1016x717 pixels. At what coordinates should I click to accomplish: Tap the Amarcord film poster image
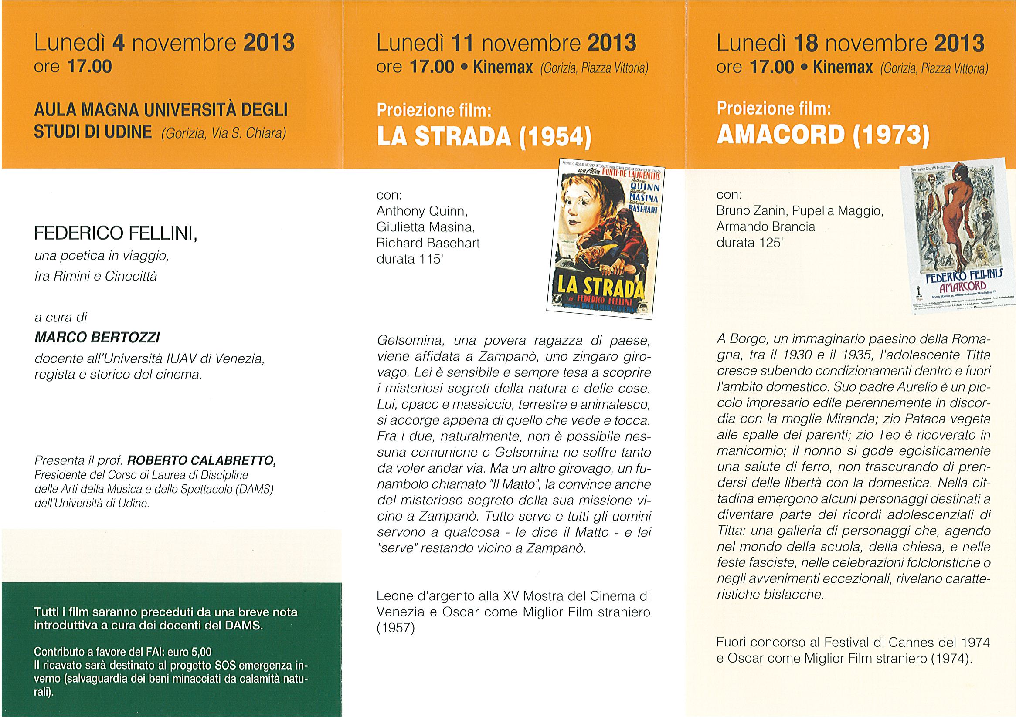956,247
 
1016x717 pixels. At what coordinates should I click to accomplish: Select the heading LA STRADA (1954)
483,138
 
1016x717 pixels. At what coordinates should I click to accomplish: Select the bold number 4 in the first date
118,44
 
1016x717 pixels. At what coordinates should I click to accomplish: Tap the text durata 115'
410,259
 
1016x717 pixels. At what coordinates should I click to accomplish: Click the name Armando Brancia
765,227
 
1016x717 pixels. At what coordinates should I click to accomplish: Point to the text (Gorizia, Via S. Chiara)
224,133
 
